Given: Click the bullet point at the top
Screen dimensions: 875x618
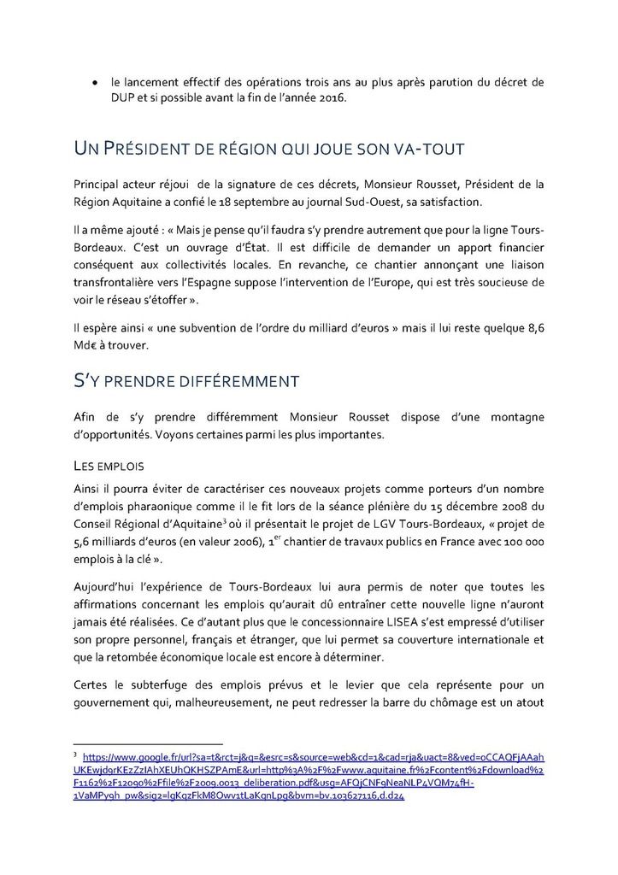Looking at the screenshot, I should (94, 83).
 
